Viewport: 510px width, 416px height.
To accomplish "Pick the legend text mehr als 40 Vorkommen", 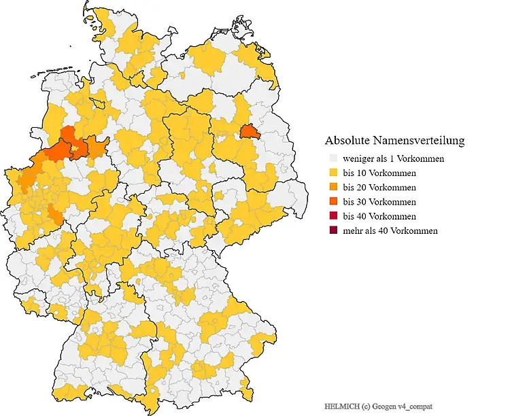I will pyautogui.click(x=390, y=230).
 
